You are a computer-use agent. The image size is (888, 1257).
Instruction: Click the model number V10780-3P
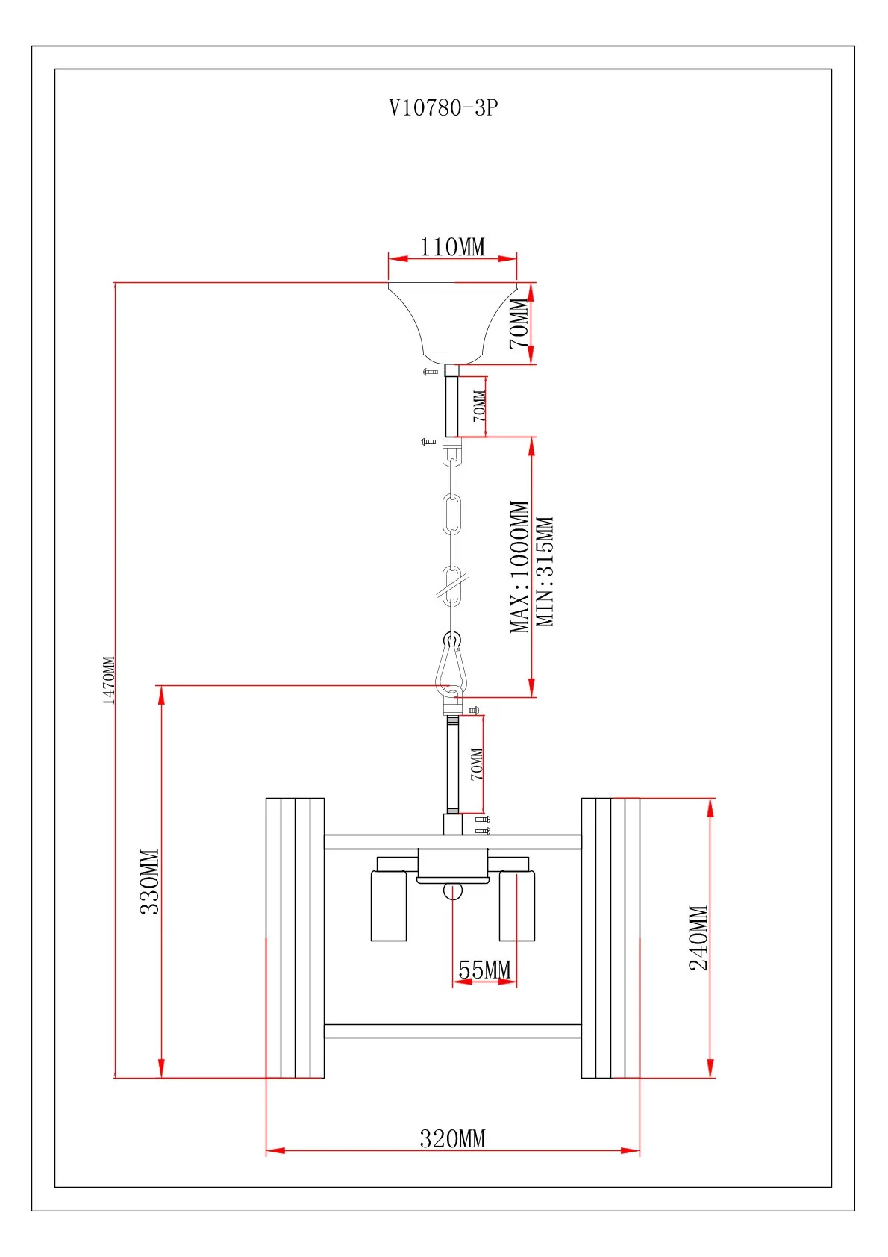(x=443, y=108)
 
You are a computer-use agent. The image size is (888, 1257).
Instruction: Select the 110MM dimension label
(x=452, y=246)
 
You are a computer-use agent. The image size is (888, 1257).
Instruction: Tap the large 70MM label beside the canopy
(x=519, y=323)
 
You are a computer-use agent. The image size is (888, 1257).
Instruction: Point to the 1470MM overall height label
(x=109, y=680)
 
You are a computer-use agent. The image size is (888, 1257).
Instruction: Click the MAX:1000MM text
(x=520, y=567)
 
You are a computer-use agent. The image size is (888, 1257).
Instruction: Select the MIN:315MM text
(x=546, y=571)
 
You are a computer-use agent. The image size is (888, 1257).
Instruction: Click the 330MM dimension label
(x=150, y=882)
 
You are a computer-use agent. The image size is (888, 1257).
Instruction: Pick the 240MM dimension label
(x=698, y=938)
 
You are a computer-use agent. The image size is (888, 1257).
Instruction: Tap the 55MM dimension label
(x=484, y=970)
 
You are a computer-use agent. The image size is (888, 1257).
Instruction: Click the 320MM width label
(x=452, y=1138)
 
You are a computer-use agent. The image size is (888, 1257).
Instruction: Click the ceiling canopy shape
(x=453, y=321)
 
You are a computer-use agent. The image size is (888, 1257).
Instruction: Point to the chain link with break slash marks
(x=452, y=586)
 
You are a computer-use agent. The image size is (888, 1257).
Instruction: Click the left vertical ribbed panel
(x=296, y=938)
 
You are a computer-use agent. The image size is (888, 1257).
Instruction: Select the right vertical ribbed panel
(x=610, y=938)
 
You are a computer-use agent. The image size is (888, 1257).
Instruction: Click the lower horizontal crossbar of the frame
(x=453, y=1031)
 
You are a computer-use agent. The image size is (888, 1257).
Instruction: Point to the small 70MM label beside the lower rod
(x=477, y=764)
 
